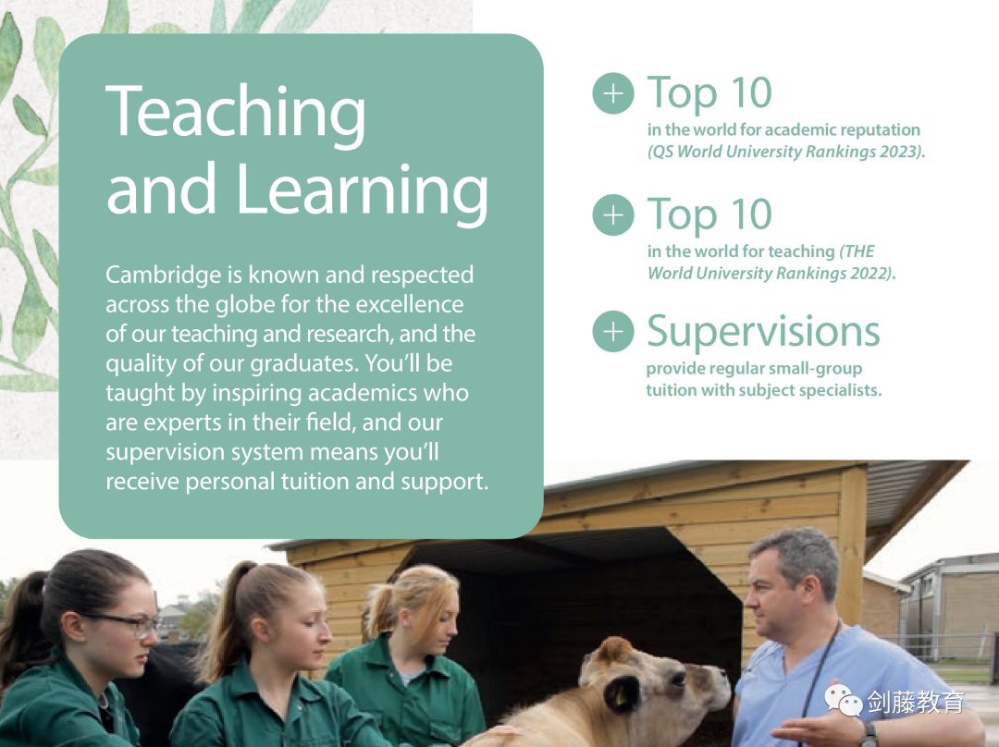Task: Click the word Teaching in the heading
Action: click(x=236, y=114)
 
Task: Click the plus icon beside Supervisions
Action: click(x=613, y=331)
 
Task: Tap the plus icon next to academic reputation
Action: click(x=613, y=93)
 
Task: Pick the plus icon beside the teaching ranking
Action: click(x=613, y=214)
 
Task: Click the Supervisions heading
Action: click(x=763, y=333)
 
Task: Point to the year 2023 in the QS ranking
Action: click(x=899, y=152)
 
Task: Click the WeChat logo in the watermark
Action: click(x=843, y=700)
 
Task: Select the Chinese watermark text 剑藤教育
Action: click(x=916, y=702)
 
